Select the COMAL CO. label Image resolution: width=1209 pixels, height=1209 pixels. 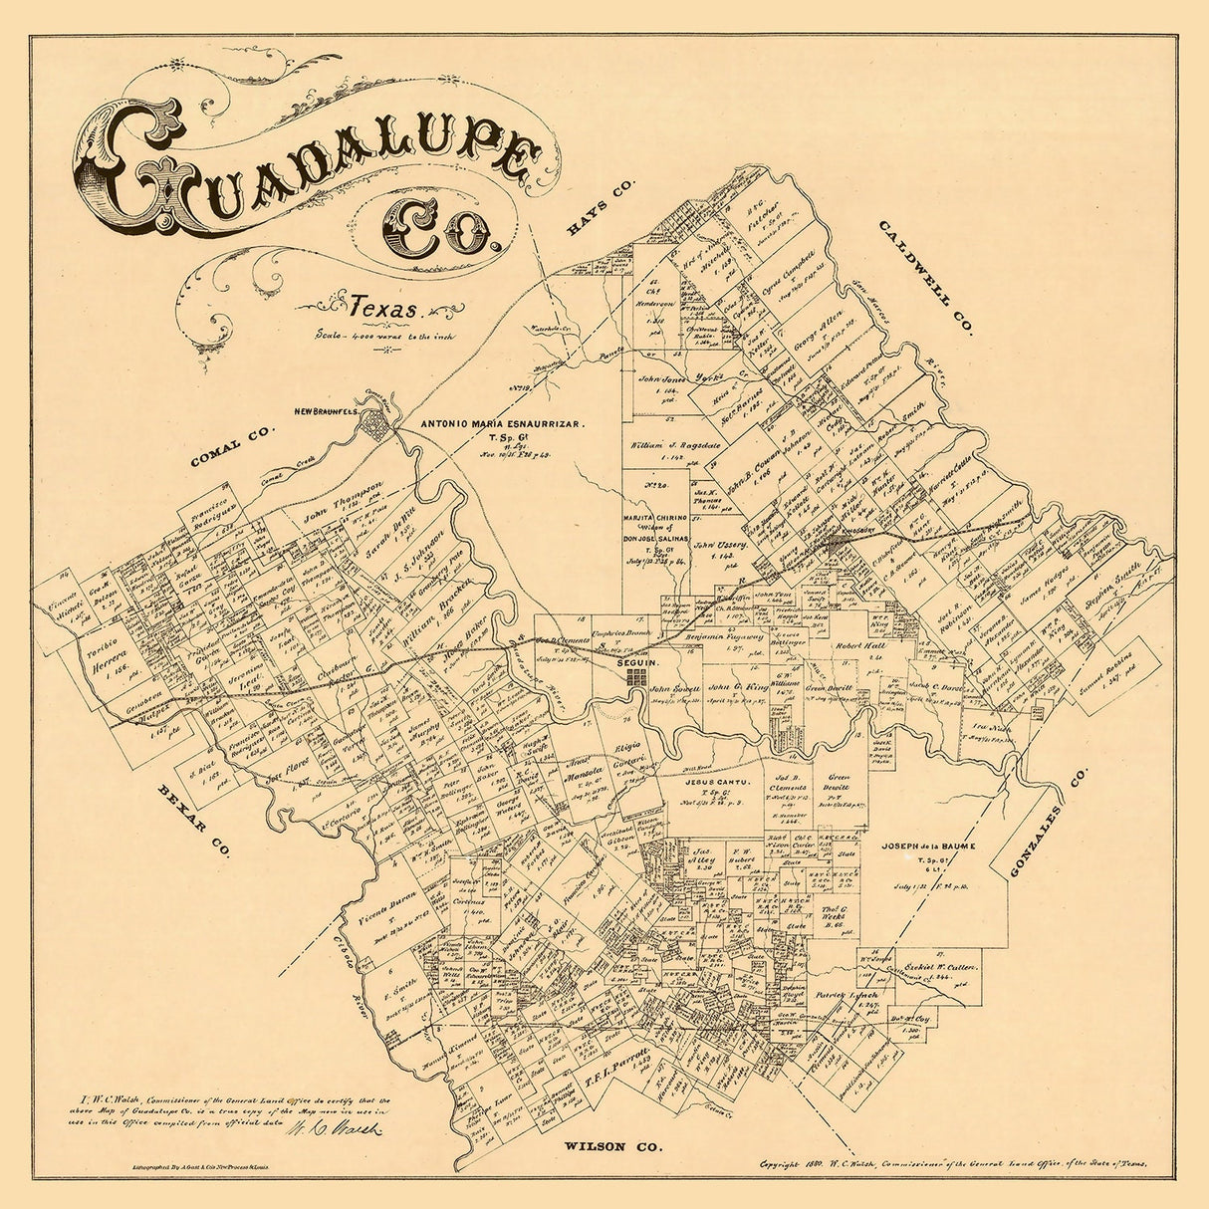(233, 447)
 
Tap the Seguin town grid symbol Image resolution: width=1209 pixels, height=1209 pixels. (634, 679)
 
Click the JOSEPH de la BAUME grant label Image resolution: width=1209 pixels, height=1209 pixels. (926, 846)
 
